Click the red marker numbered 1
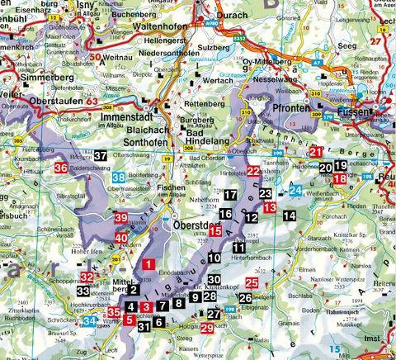pos(148,265)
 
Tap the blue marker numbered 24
pos(295,191)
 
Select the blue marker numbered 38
pos(120,178)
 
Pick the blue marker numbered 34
pos(92,321)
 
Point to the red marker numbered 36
pos(60,168)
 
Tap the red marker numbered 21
pos(317,152)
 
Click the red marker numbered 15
pos(214,232)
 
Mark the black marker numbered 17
pos(230,195)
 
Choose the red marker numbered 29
pos(207,328)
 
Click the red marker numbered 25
pos(252,284)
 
